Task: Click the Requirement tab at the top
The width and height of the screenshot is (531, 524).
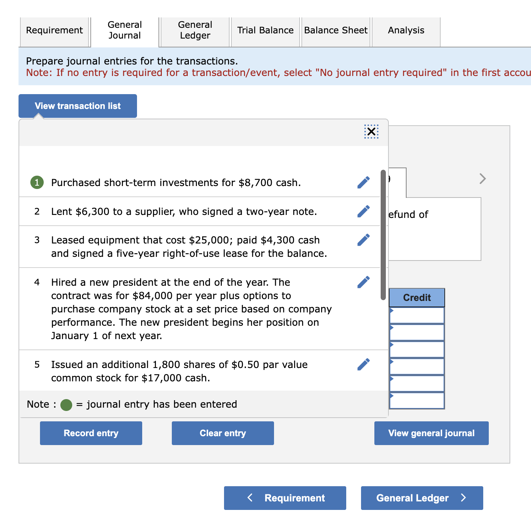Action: (x=54, y=30)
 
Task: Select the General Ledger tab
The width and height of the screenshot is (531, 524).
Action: (x=195, y=30)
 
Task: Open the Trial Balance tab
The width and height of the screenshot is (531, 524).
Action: (x=265, y=30)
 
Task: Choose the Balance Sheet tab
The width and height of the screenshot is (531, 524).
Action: (x=335, y=30)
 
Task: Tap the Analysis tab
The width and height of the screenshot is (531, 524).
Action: (x=406, y=30)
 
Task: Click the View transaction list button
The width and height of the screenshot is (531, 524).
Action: (x=78, y=106)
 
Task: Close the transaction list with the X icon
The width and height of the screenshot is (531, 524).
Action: (x=371, y=132)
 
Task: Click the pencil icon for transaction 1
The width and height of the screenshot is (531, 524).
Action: (x=363, y=182)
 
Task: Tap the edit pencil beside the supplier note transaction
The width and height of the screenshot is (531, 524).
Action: (x=363, y=211)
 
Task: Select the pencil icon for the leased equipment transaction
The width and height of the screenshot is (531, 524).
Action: (x=363, y=240)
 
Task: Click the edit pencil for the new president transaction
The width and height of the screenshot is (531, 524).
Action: (x=363, y=282)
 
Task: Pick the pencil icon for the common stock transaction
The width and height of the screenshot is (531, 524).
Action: (x=363, y=364)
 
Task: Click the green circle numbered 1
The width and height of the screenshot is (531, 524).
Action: (x=37, y=182)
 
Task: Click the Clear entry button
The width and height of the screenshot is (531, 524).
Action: (x=223, y=433)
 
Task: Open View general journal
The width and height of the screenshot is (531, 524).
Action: (x=431, y=433)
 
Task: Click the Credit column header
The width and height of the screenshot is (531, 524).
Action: (x=417, y=298)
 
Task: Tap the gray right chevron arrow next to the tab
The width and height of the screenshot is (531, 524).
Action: (x=482, y=179)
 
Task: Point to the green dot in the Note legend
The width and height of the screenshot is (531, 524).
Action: (x=66, y=405)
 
